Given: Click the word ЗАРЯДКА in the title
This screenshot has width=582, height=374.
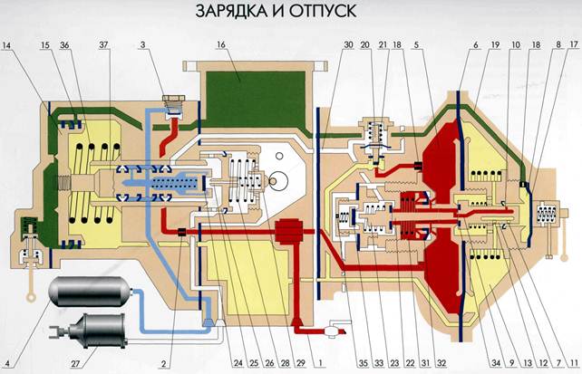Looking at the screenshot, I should (x=228, y=14).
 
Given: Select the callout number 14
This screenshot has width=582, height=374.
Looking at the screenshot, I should (x=8, y=45).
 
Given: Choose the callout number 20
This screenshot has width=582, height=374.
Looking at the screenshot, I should (x=364, y=45).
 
